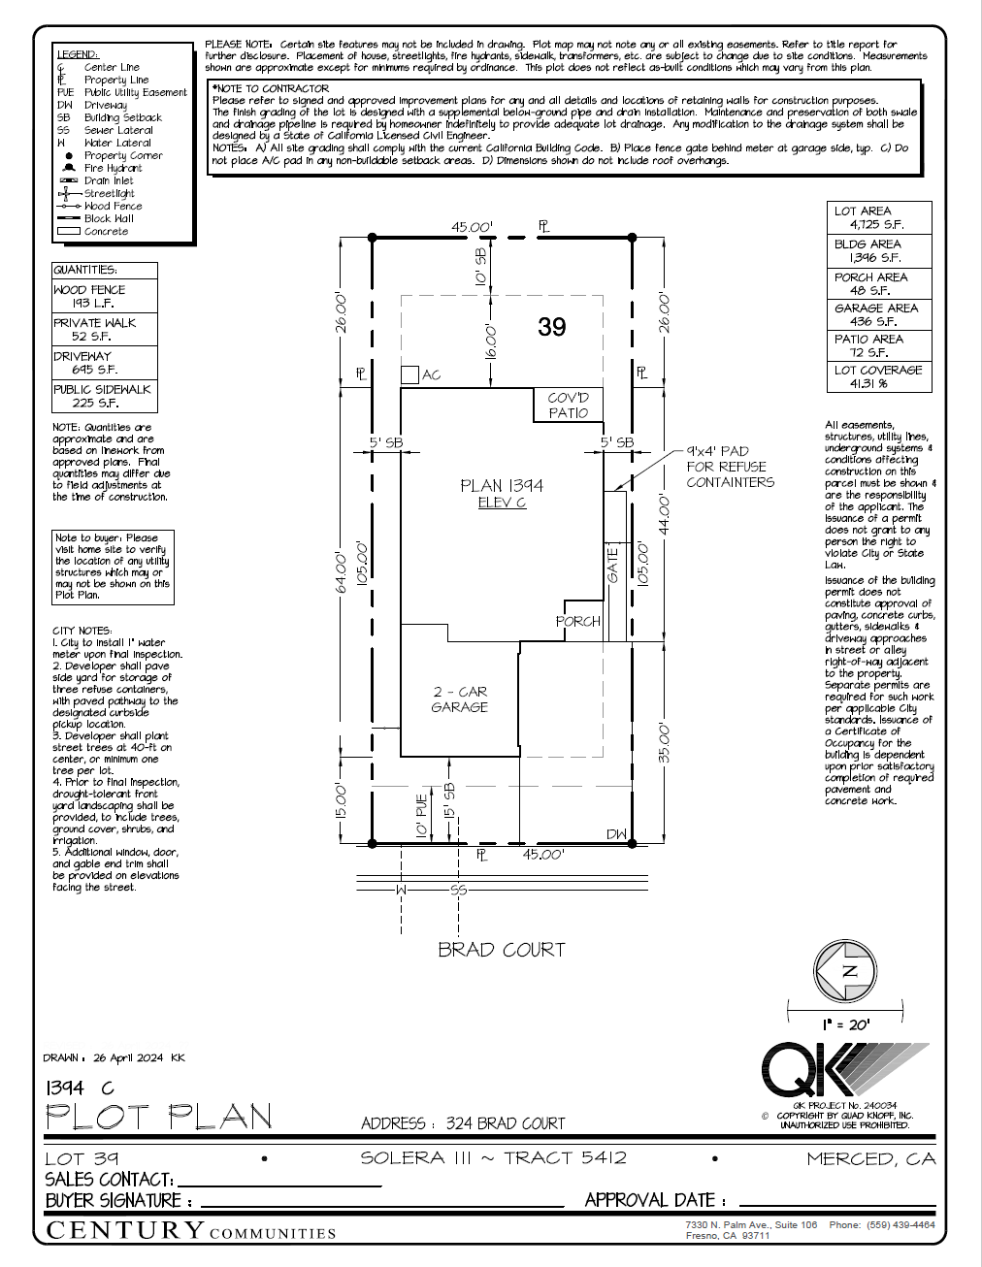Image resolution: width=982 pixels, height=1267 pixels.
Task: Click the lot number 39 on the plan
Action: (x=551, y=327)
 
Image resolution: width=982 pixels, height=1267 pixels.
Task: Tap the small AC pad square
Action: (x=409, y=374)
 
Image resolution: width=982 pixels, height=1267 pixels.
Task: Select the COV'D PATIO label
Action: (x=568, y=405)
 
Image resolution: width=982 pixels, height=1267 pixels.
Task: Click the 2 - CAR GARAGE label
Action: (x=460, y=699)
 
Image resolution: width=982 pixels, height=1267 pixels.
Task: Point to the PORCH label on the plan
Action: (x=578, y=621)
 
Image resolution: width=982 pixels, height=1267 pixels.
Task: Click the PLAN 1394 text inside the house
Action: (x=502, y=485)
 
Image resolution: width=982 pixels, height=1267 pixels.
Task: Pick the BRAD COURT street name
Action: (x=501, y=950)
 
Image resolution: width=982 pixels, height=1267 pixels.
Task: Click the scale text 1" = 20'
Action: (x=846, y=1024)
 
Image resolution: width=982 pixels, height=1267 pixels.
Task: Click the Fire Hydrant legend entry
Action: (x=112, y=168)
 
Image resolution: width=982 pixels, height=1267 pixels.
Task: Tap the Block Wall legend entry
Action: (x=108, y=218)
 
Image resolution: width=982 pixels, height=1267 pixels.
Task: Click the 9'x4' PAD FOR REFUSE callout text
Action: (x=730, y=467)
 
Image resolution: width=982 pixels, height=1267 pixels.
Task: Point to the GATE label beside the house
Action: (x=613, y=565)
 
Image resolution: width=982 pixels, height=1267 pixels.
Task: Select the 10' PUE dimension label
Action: (x=421, y=816)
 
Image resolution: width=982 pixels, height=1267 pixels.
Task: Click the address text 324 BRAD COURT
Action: (x=505, y=1123)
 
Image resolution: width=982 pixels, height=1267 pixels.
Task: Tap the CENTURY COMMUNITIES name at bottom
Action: (x=191, y=1231)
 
